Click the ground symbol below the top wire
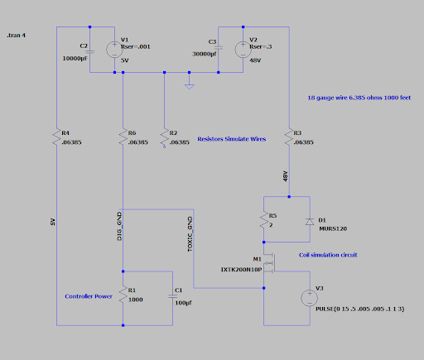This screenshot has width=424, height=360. (x=190, y=87)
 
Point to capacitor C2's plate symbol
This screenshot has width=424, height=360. (x=89, y=51)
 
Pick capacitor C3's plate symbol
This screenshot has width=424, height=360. (x=218, y=47)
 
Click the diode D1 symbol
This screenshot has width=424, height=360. (x=310, y=222)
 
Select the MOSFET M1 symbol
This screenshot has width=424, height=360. (x=269, y=262)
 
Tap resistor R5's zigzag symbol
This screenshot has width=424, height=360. (x=264, y=220)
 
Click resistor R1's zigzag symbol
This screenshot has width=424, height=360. (x=123, y=295)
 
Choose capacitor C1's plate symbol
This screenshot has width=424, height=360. (x=173, y=296)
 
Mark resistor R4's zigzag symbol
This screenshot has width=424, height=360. (x=56, y=137)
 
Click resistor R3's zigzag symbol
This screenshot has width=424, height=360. (x=289, y=137)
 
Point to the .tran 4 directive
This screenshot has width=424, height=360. (x=17, y=36)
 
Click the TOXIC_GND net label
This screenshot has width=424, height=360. (x=190, y=234)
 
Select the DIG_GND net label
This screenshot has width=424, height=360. (x=119, y=226)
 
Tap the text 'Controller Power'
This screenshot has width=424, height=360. (x=89, y=296)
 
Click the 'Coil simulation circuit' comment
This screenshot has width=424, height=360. (x=328, y=255)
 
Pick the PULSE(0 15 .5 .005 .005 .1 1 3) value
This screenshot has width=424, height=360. (x=360, y=309)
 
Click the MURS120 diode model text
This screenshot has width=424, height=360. (x=333, y=228)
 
